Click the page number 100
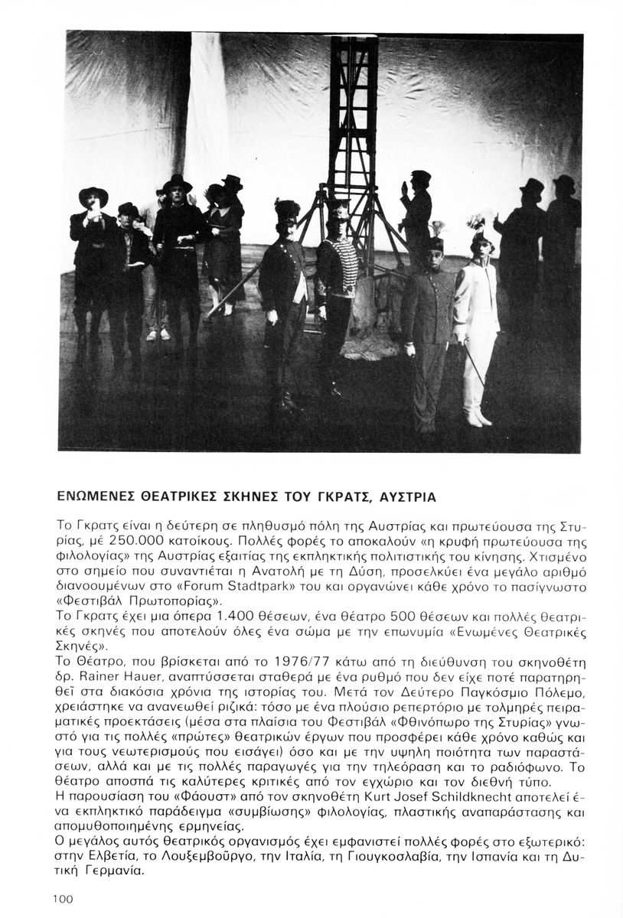click(x=64, y=900)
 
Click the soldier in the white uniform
click(x=476, y=321)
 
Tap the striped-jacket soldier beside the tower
click(x=336, y=291)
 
